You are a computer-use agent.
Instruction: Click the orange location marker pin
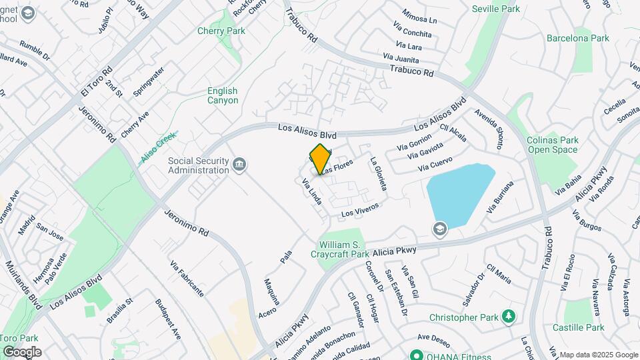point(320,159)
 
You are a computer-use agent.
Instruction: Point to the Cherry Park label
point(221,31)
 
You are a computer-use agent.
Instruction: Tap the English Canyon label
point(222,95)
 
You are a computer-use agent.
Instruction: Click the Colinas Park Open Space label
point(552,145)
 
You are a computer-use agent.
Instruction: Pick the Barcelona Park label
point(578,38)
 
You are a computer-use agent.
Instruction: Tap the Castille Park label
point(579,327)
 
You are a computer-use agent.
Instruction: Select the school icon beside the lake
point(439,229)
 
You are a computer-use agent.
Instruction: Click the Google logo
point(21,351)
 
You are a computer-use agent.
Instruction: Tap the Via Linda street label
point(312,191)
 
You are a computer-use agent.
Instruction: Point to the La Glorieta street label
point(378,174)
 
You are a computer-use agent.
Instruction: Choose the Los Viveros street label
point(360,209)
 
